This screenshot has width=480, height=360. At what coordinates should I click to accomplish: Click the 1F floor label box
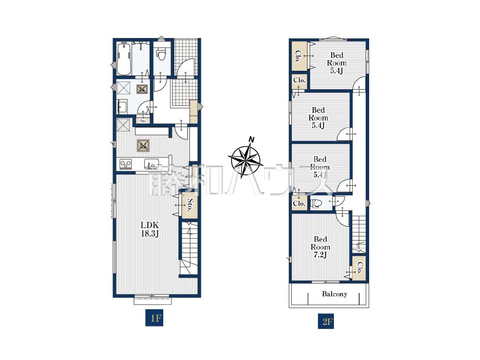point(154,318)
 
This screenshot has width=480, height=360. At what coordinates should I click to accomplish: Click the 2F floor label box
point(326,322)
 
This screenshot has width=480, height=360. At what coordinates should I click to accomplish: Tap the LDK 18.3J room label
point(150,229)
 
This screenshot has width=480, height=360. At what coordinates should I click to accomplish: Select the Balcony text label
point(335,294)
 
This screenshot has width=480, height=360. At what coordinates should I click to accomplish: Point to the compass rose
point(245,160)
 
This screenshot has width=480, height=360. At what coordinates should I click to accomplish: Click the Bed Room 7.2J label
point(320,247)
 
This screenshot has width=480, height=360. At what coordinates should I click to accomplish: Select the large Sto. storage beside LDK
point(190,205)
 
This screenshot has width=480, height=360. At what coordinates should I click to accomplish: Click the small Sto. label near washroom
point(143,121)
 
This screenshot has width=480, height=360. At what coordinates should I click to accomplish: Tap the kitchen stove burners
point(126,164)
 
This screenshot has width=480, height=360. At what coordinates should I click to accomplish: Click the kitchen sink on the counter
point(151,164)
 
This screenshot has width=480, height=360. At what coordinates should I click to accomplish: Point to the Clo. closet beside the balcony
point(359,268)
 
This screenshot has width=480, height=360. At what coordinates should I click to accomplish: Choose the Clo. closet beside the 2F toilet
point(299,203)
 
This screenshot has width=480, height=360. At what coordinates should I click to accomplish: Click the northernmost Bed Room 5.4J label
point(336,63)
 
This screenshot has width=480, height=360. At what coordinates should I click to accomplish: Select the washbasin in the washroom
point(122,106)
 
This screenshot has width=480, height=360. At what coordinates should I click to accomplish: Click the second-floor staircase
point(359,234)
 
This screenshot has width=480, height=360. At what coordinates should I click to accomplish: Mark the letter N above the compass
point(251,140)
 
